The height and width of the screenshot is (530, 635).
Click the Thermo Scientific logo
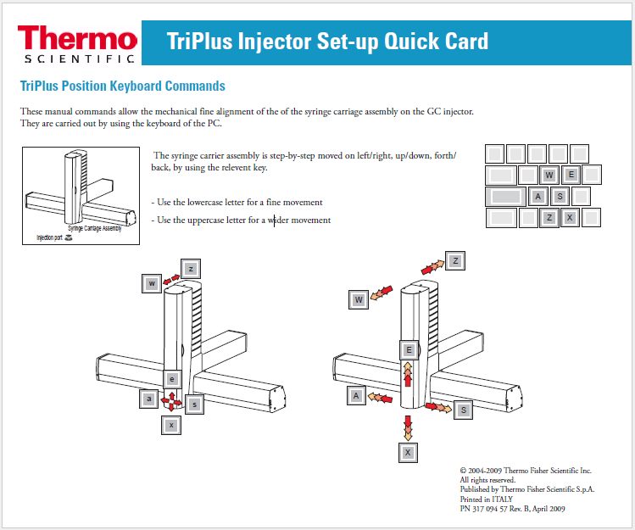[x=76, y=42]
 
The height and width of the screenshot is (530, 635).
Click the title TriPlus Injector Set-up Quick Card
[x=327, y=42]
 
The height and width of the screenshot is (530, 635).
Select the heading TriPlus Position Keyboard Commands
[x=122, y=86]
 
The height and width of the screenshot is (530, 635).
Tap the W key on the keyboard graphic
[x=549, y=176]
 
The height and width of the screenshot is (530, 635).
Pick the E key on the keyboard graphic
[x=571, y=176]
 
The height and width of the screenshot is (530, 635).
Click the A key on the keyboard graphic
[x=538, y=197]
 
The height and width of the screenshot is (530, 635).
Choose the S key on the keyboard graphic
[x=560, y=197]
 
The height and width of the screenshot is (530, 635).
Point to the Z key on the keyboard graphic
[x=549, y=218]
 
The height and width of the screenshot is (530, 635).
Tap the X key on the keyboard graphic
[x=571, y=218]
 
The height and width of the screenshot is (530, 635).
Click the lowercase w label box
[x=152, y=283]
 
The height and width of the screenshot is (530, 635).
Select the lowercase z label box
[x=192, y=269]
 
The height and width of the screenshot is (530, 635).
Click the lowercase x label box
[x=171, y=425]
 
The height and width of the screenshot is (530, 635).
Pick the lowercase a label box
[x=149, y=399]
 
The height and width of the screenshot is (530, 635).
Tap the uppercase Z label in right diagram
[x=455, y=261]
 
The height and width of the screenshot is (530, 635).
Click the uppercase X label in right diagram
[x=409, y=453]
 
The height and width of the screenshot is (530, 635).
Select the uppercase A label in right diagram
[x=356, y=396]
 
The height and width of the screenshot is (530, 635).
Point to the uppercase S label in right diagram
[x=464, y=410]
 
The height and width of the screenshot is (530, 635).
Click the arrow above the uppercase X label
[x=408, y=427]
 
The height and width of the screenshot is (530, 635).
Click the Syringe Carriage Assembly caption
[x=94, y=228]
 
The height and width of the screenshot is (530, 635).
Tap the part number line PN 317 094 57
[x=512, y=509]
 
